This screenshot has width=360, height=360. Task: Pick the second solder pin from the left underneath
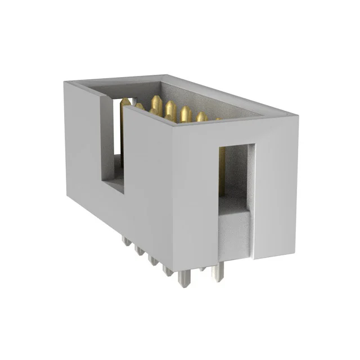pyautogui.click(x=137, y=249)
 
